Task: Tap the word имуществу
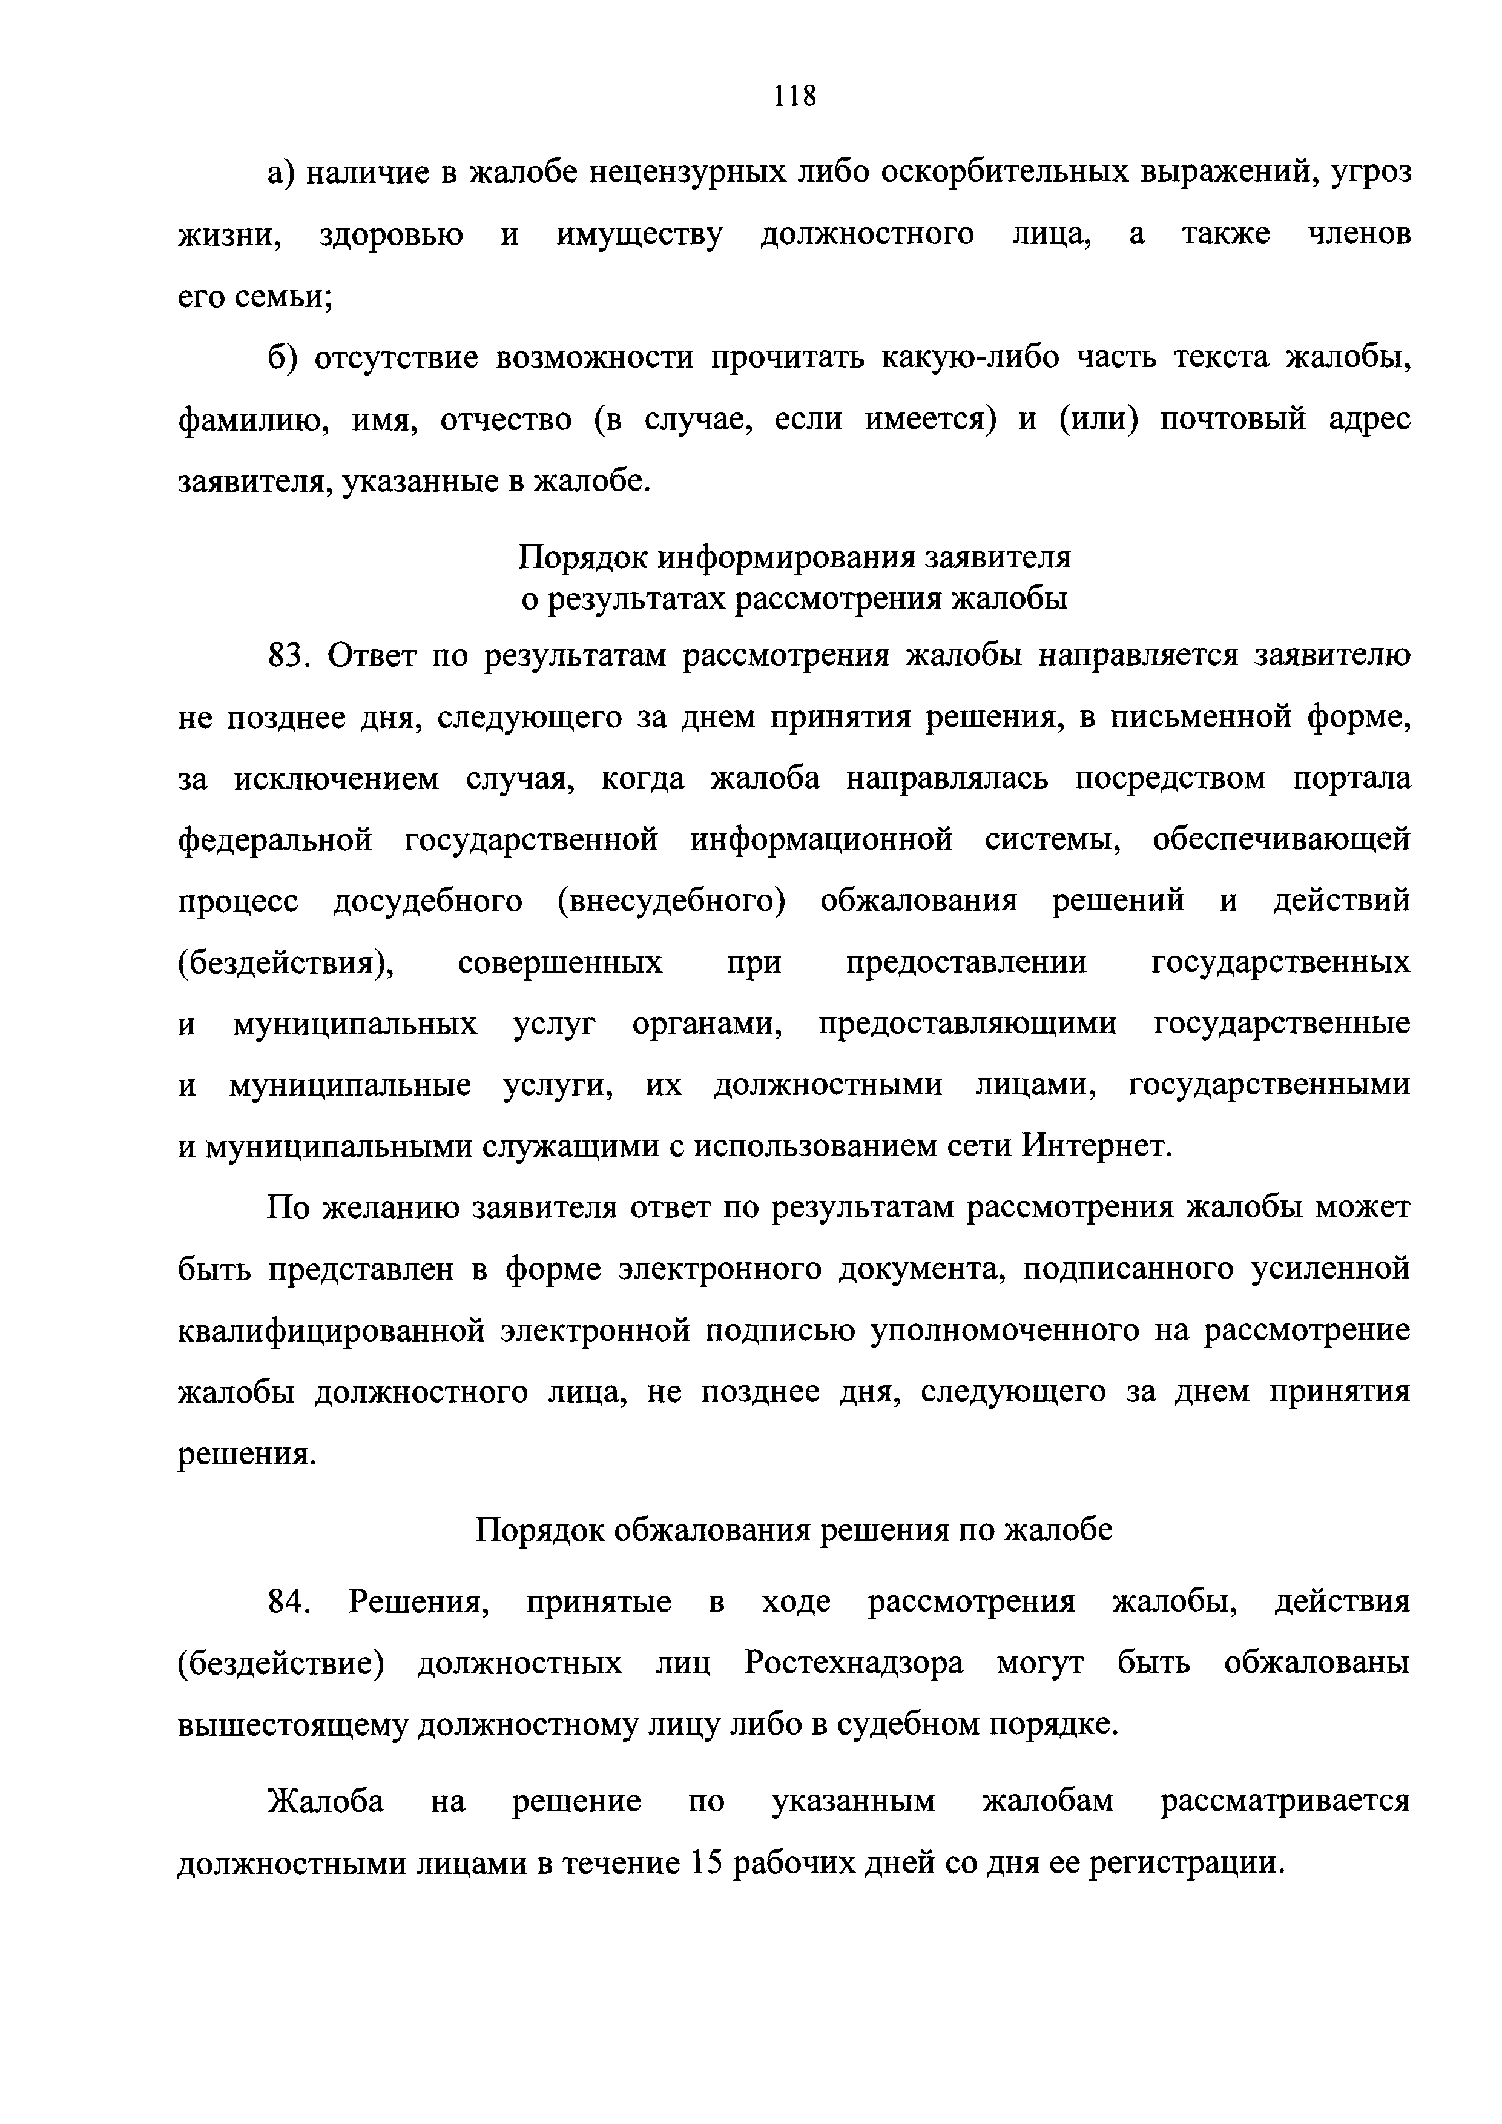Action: click(x=639, y=235)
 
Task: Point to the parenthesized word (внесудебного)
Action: click(x=671, y=902)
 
